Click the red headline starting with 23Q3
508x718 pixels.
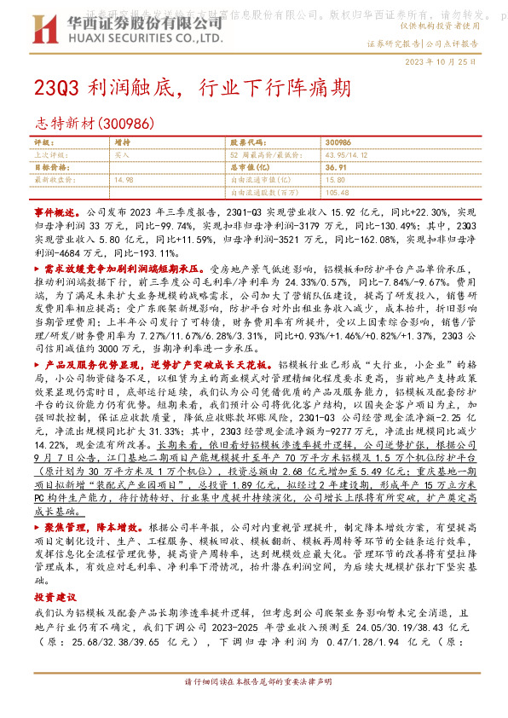pos(189,88)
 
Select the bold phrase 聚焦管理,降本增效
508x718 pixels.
pos(87,528)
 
